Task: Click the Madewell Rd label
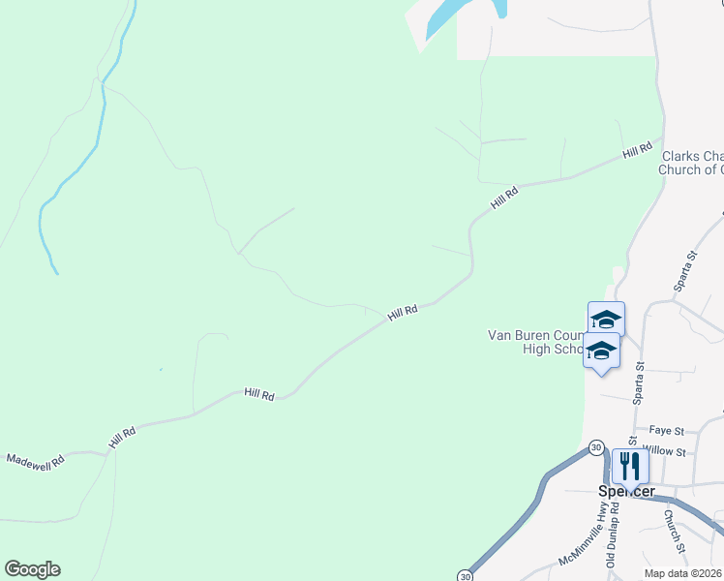tap(36, 460)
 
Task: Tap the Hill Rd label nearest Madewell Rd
tap(122, 437)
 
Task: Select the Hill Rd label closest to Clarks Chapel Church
tap(637, 150)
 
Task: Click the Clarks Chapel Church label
tap(691, 163)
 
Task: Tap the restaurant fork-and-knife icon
tap(630, 467)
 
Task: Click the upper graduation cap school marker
tap(606, 319)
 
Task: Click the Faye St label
tap(667, 430)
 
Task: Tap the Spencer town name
tap(624, 491)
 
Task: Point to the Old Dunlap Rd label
tap(612, 543)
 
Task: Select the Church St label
tap(675, 533)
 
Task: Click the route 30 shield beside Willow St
tap(595, 446)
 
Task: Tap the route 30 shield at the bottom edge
tap(466, 574)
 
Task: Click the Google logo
tap(32, 569)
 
